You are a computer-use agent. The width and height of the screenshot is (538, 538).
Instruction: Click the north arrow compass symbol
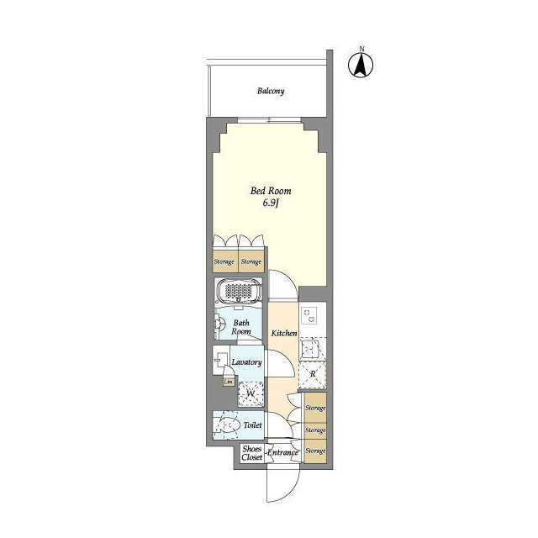click(x=361, y=64)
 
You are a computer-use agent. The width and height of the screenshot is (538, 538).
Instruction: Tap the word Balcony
click(x=270, y=91)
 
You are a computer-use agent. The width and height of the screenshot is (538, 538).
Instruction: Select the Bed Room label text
click(x=271, y=191)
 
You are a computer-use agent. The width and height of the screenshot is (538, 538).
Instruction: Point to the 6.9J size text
click(x=271, y=204)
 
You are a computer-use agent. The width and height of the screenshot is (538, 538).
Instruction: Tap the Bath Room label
click(x=241, y=327)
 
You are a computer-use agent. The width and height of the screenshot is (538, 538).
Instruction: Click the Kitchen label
click(x=283, y=334)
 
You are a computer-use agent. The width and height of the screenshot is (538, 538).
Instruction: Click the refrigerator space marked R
click(x=313, y=374)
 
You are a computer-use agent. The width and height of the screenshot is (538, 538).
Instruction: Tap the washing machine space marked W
click(x=251, y=392)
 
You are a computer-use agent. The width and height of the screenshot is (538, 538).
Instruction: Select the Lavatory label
click(x=247, y=362)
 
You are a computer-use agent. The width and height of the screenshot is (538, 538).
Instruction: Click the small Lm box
click(x=227, y=382)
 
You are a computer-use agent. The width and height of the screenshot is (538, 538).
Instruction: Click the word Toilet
click(x=252, y=425)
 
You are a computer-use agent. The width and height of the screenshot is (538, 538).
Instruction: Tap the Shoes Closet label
click(x=251, y=454)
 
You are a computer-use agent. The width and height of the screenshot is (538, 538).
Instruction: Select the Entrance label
click(x=283, y=453)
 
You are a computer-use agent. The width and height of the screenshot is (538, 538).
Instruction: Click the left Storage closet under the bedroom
click(x=224, y=261)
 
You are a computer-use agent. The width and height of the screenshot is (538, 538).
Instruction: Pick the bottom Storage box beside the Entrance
click(x=314, y=451)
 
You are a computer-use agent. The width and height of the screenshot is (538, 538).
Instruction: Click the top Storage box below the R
click(x=314, y=408)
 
